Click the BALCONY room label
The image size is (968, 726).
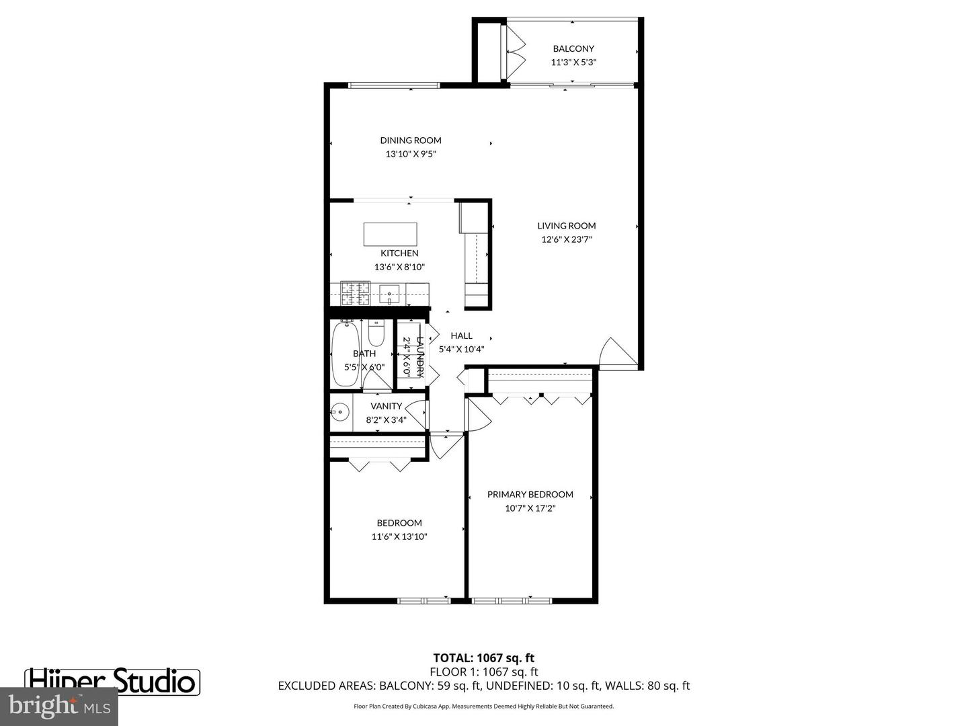pyautogui.click(x=573, y=48)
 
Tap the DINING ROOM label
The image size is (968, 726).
pyautogui.click(x=411, y=140)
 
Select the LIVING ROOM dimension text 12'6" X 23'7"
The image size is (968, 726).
pyautogui.click(x=566, y=239)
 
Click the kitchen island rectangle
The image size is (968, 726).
pyautogui.click(x=390, y=234)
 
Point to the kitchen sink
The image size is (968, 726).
pyautogui.click(x=389, y=294)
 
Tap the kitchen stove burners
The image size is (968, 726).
pyautogui.click(x=356, y=294)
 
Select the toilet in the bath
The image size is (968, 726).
pyautogui.click(x=376, y=333)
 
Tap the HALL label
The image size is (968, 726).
pyautogui.click(x=461, y=335)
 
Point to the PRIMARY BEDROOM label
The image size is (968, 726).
pyautogui.click(x=530, y=494)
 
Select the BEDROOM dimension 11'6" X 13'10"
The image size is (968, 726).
pyautogui.click(x=399, y=536)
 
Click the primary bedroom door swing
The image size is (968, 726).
pyautogui.click(x=479, y=413)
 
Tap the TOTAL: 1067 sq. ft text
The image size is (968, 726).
pyautogui.click(x=484, y=657)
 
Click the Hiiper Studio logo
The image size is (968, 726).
pyautogui.click(x=112, y=682)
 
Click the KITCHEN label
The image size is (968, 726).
pyautogui.click(x=399, y=253)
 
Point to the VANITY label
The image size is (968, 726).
pyautogui.click(x=386, y=406)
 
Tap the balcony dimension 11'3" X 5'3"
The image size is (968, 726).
pyautogui.click(x=573, y=62)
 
